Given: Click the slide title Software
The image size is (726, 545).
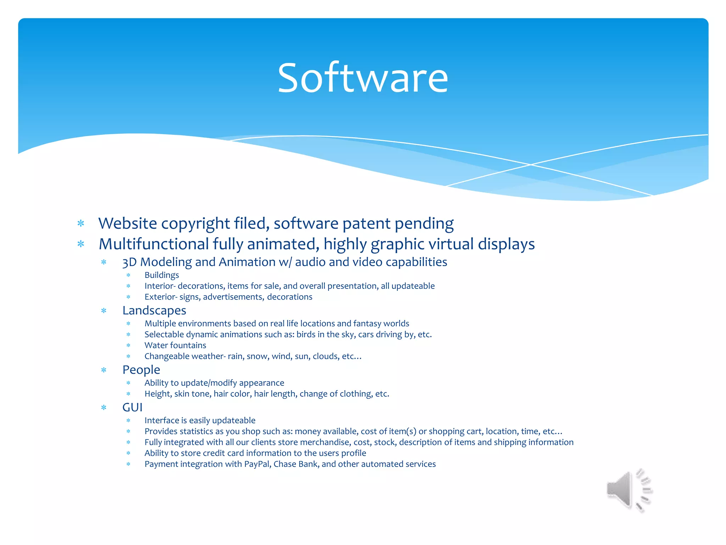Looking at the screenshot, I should tap(363, 78).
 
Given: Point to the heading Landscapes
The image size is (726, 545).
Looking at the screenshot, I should tap(154, 310).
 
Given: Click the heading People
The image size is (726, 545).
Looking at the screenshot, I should tap(141, 370).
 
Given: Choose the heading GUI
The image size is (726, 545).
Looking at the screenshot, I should tap(132, 407).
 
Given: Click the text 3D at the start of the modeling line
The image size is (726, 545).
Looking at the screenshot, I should tap(129, 262).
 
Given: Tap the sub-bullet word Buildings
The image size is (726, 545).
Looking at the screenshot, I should tap(162, 275).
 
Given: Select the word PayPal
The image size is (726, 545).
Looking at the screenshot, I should tap(257, 464).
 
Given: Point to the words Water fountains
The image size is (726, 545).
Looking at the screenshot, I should tap(175, 345).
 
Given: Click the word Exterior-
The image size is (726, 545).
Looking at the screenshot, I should tap(161, 297).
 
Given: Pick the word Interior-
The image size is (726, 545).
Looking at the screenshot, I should tap(160, 286).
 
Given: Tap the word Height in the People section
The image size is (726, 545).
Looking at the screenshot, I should tap(158, 394).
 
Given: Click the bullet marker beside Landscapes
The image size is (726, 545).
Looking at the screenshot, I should tap(104, 311).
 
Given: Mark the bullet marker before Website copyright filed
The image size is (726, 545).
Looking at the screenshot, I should tap(81, 224).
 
